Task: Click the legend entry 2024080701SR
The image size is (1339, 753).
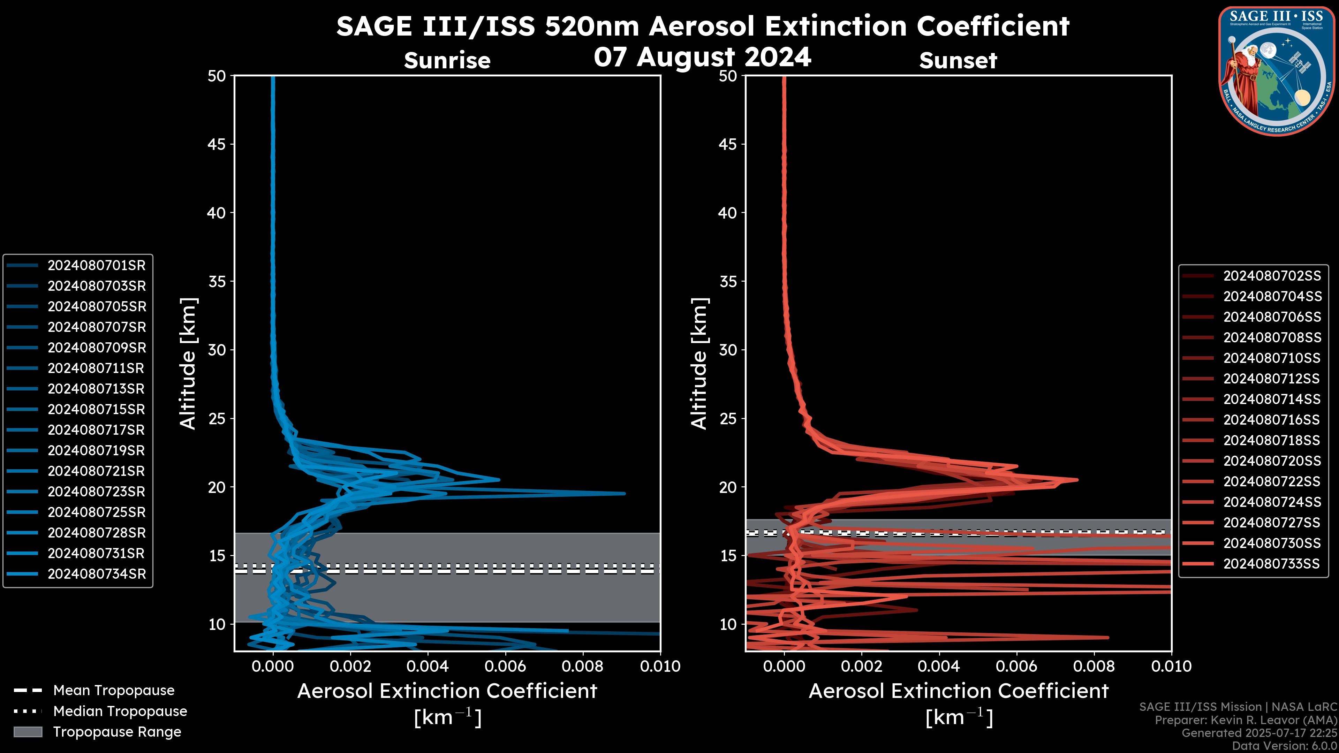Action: (x=97, y=266)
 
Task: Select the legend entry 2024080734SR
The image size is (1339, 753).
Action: (x=97, y=574)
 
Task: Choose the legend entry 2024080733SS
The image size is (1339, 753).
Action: (x=1271, y=564)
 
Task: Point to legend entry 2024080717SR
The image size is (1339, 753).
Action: (x=97, y=430)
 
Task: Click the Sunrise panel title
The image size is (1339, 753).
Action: (x=447, y=61)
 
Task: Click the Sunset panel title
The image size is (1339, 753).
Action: (x=958, y=61)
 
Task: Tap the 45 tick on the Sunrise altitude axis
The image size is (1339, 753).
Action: (x=217, y=144)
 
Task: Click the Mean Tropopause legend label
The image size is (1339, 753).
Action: (x=114, y=691)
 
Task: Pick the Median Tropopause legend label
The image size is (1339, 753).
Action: (x=120, y=712)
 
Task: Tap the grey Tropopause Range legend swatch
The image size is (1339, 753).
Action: (x=28, y=732)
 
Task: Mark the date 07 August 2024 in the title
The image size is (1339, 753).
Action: (x=702, y=57)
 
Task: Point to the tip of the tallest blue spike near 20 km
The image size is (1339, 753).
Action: (x=624, y=494)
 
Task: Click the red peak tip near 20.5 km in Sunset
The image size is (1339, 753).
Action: (x=1077, y=480)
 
